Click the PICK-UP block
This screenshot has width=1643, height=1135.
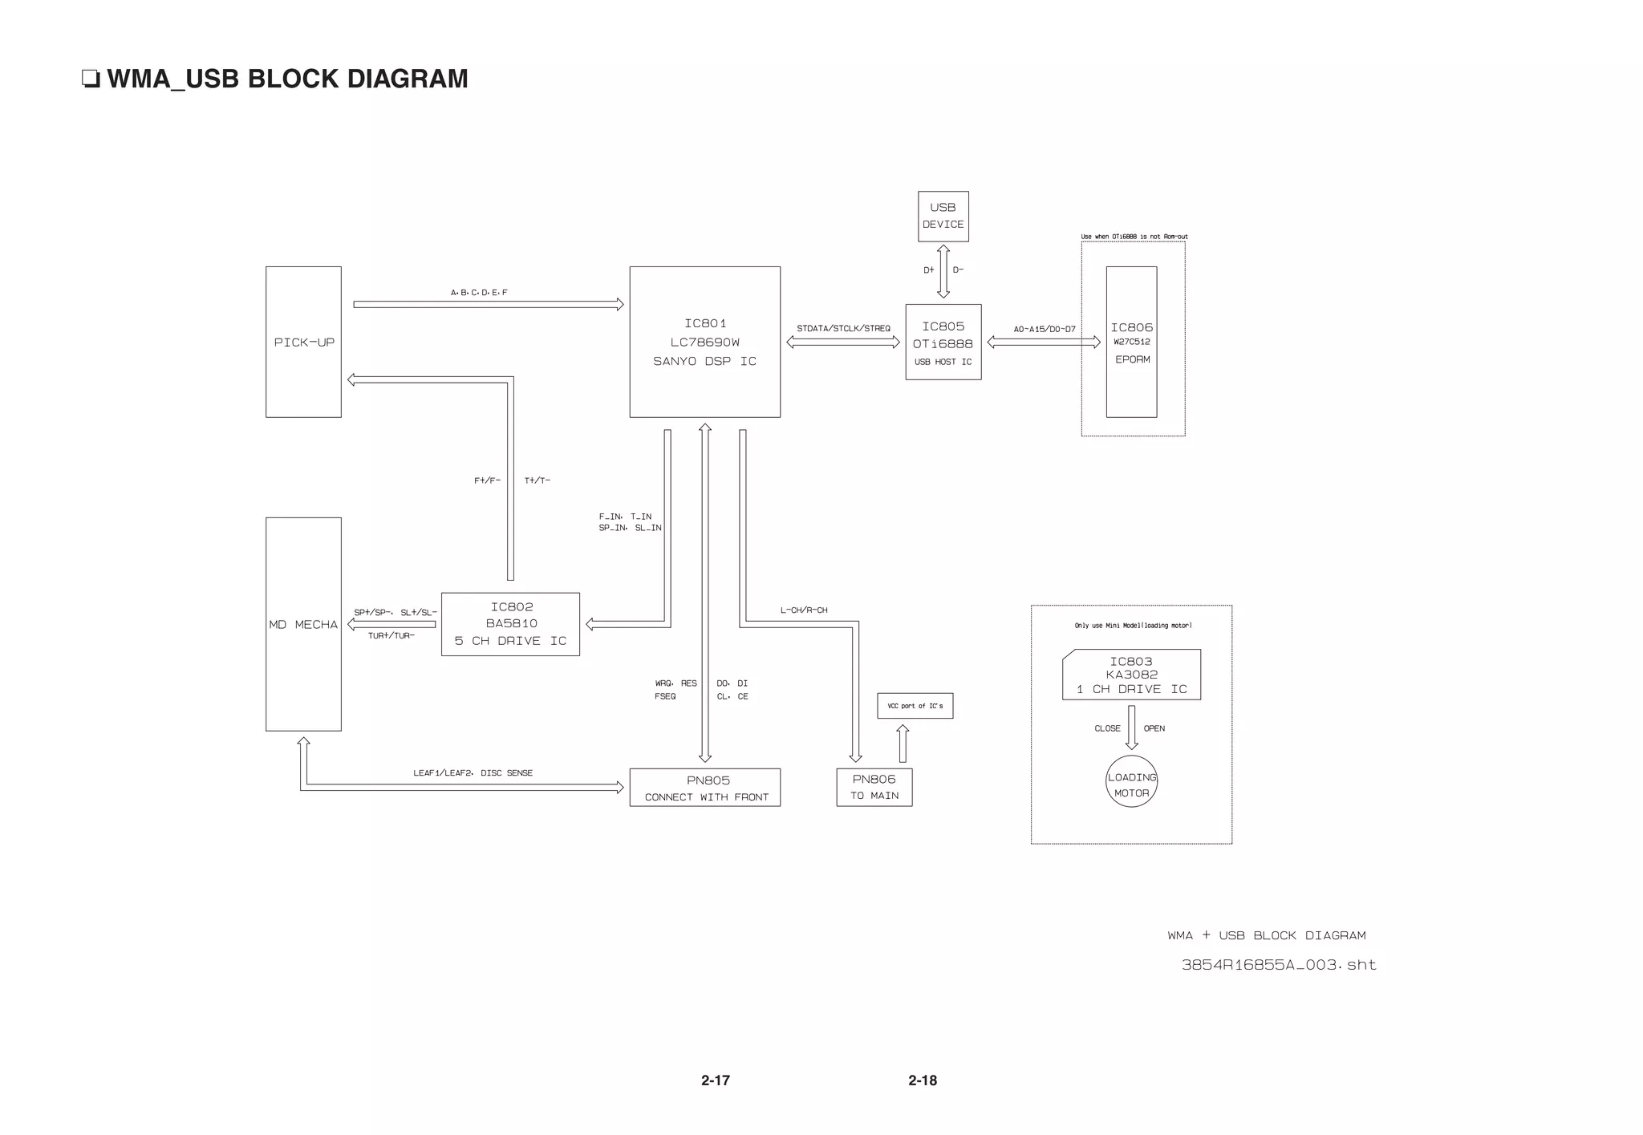click(x=303, y=342)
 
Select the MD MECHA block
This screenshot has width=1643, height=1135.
click(x=303, y=624)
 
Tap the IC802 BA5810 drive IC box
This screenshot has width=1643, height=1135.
click(x=510, y=624)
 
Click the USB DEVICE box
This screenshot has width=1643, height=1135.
click(x=943, y=216)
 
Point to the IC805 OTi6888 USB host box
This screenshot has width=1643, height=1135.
click(x=943, y=343)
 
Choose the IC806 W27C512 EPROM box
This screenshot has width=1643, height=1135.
click(x=1131, y=343)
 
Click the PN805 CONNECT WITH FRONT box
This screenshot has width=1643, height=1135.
click(x=705, y=788)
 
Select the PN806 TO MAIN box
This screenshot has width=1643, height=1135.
click(x=874, y=787)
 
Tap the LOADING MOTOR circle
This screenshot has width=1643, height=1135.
click(x=1131, y=781)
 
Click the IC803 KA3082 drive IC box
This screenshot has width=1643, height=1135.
click(x=1131, y=675)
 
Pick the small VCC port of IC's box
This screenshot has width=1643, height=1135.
click(x=915, y=706)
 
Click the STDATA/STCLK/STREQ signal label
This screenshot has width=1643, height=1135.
click(x=843, y=328)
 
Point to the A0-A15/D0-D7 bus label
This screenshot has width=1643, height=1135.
click(x=1044, y=329)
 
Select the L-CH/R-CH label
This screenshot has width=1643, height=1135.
click(x=804, y=610)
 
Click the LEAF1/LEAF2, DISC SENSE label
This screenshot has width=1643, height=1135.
click(x=473, y=773)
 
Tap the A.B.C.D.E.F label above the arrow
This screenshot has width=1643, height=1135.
click(x=479, y=293)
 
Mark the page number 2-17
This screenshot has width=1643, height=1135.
click(x=715, y=1080)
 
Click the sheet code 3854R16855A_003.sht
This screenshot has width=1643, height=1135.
click(x=1279, y=965)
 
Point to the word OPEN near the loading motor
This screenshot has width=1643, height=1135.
click(x=1154, y=728)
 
